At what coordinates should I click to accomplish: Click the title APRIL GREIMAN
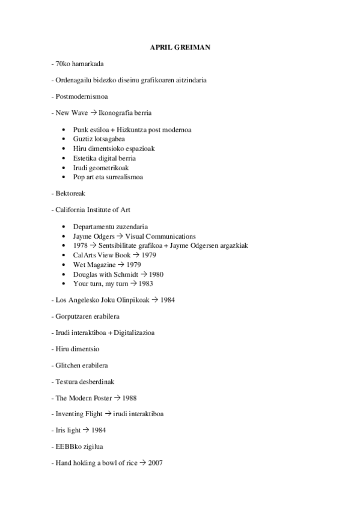tap(180, 47)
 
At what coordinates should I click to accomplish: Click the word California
tap(72, 210)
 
